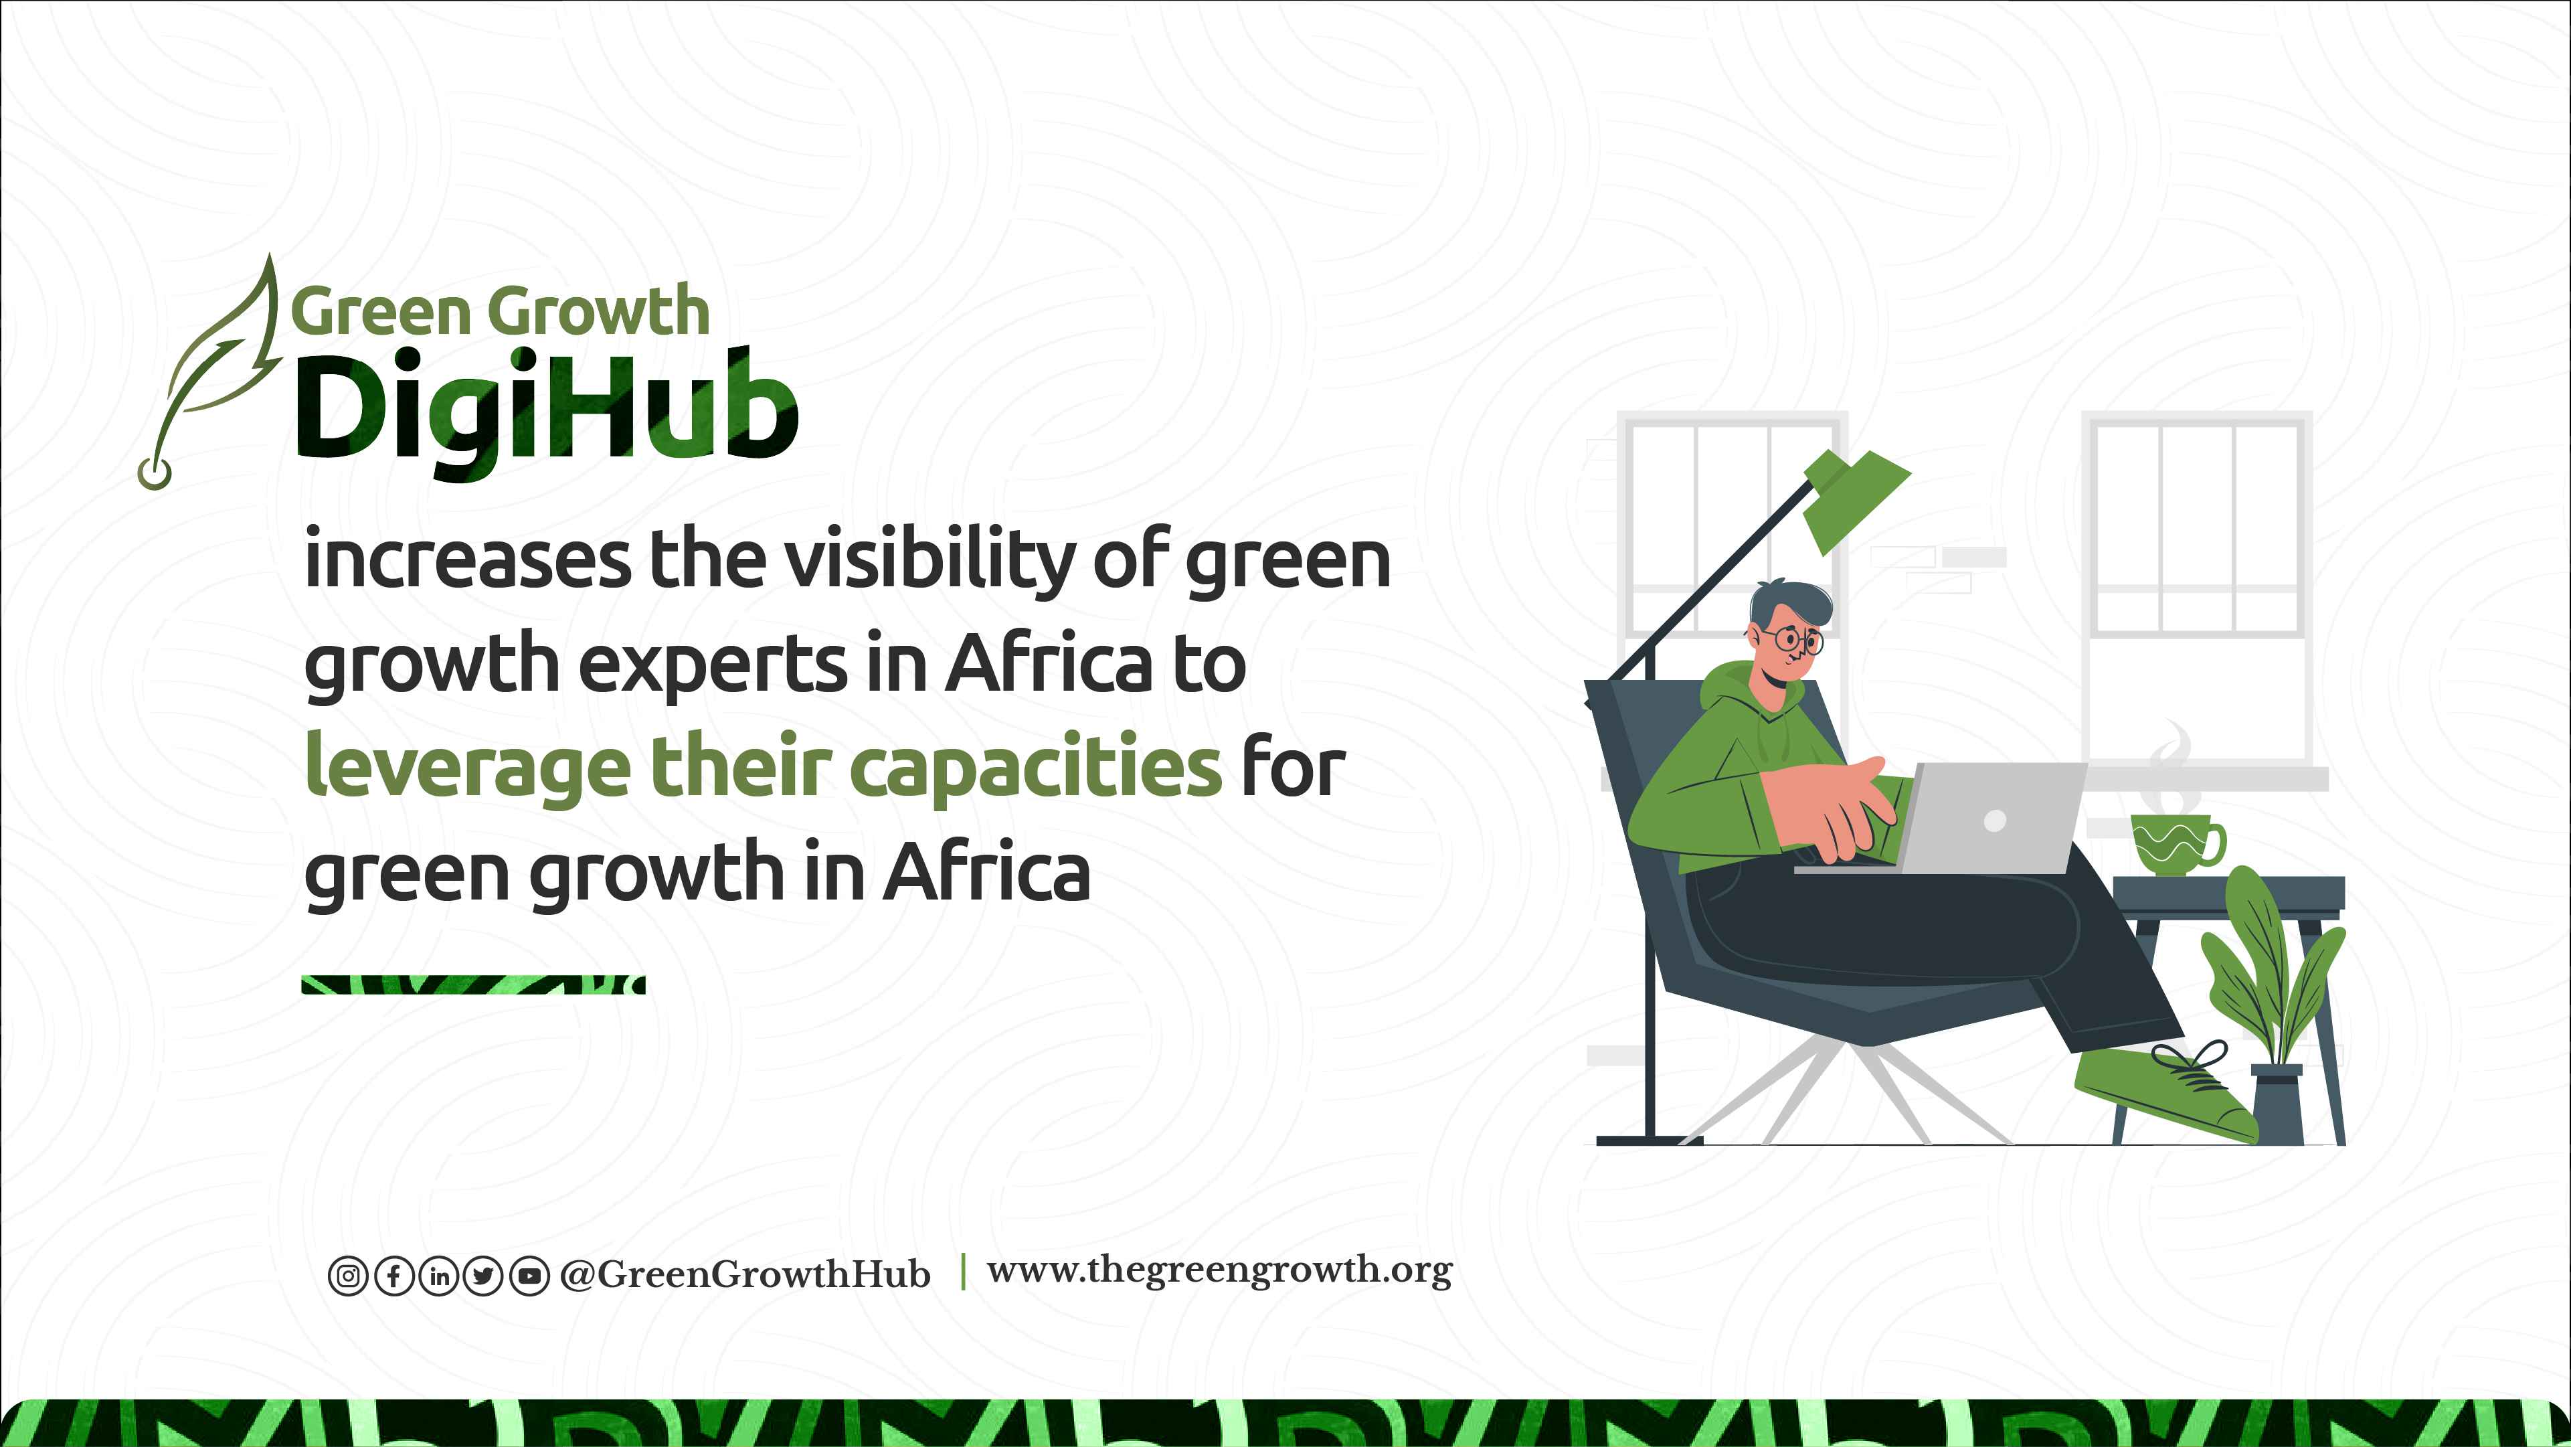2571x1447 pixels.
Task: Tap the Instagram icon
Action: (x=347, y=1276)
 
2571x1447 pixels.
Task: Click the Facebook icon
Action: (x=393, y=1276)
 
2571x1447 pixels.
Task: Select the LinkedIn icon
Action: (x=439, y=1276)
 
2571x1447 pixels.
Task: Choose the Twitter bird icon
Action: (x=484, y=1276)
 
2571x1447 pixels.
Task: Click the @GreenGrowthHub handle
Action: (x=745, y=1274)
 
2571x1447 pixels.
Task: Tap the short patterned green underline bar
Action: (x=473, y=985)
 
